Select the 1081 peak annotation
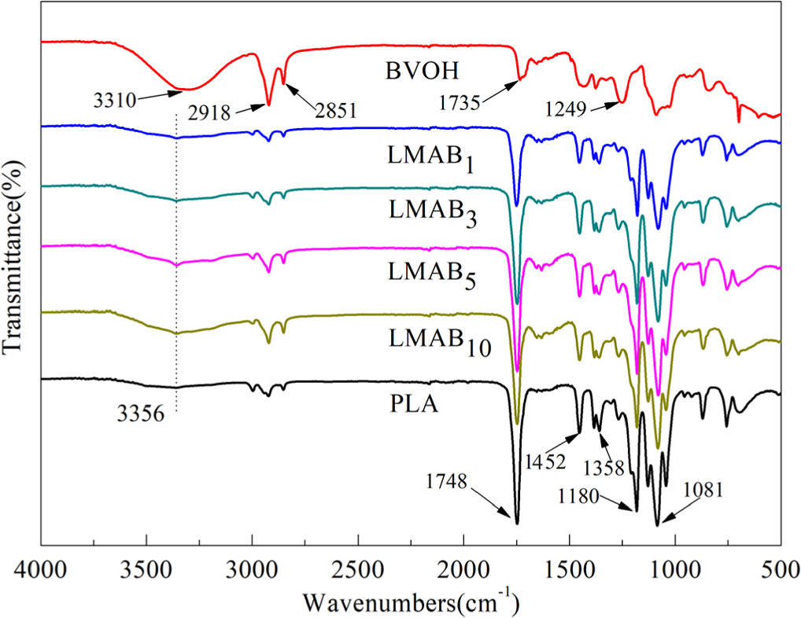click(703, 490)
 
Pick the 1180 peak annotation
click(579, 495)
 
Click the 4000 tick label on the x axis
click(40, 569)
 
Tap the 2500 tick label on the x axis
click(358, 569)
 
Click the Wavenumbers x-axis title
click(411, 601)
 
